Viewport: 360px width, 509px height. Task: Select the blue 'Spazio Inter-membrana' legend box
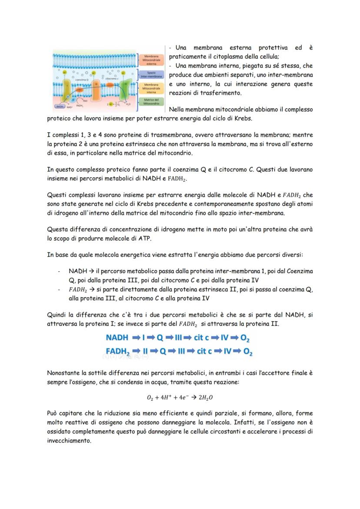click(151, 74)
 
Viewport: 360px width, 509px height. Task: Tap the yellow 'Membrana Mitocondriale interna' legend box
click(151, 88)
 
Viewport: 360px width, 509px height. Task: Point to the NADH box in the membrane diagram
click(60, 106)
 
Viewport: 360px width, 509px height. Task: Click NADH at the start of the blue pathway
click(117, 337)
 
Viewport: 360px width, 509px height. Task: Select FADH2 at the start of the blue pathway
click(118, 351)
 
